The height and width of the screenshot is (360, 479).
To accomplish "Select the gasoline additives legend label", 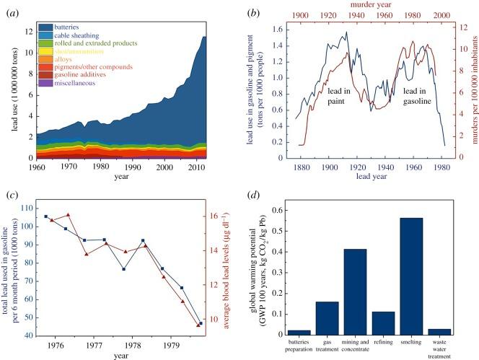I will (82, 74).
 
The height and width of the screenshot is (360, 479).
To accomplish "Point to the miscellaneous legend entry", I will (77, 82).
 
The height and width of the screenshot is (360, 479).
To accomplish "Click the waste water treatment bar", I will (439, 331).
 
